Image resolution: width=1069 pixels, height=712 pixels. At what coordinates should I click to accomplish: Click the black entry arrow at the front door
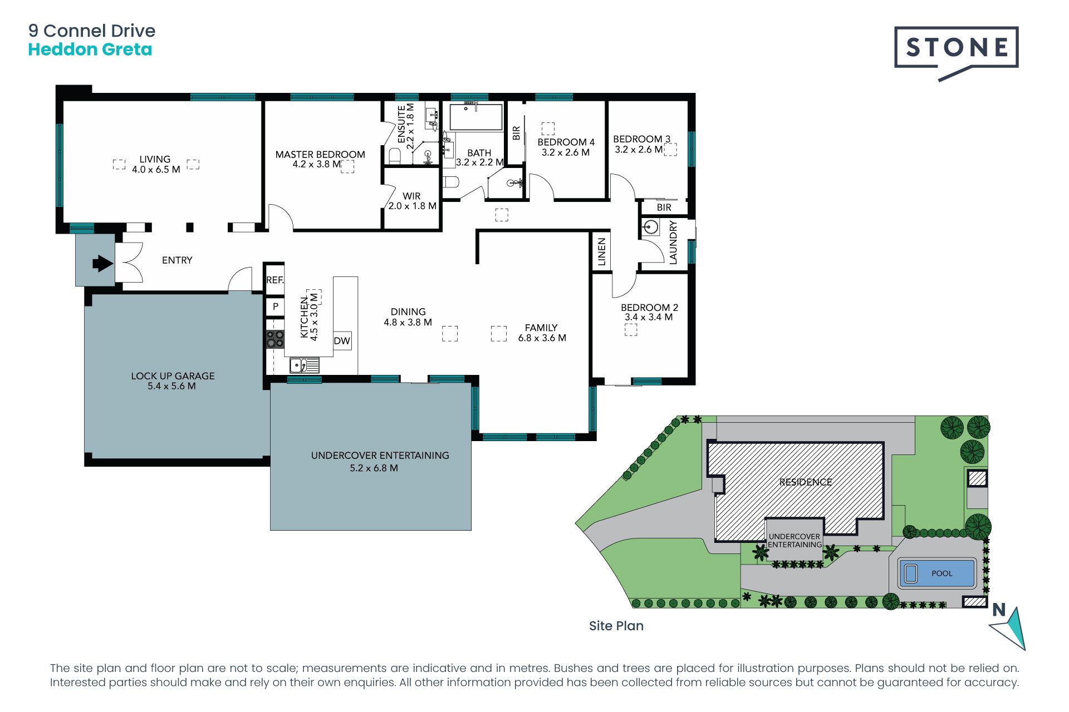pos(102,263)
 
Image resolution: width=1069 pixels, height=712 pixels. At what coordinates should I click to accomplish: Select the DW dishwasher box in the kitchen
pos(342,341)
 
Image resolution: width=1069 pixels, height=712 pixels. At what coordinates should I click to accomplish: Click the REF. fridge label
pos(274,280)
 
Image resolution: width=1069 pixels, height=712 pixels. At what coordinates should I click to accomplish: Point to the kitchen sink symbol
pos(304,365)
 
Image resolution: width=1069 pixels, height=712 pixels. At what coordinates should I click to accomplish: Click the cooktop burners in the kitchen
pos(275,339)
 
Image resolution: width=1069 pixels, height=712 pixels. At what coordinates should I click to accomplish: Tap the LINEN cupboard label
pos(601,252)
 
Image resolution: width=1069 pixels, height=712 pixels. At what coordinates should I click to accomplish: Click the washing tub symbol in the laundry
pos(650,228)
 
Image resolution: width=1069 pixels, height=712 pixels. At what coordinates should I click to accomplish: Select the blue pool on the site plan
pos(938,573)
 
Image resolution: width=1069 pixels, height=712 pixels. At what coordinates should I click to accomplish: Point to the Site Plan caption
pos(616,626)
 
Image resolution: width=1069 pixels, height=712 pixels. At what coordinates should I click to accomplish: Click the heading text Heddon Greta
pos(90,50)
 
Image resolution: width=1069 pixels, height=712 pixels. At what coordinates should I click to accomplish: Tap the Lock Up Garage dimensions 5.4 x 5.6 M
pos(171,386)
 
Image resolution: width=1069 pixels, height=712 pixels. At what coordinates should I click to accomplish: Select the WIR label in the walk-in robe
pos(411,196)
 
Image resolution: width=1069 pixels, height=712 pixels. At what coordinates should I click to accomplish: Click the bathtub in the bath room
pos(476,116)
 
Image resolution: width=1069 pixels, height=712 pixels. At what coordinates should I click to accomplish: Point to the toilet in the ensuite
pos(395,156)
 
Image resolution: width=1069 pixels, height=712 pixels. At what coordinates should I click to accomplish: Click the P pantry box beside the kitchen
pos(275,306)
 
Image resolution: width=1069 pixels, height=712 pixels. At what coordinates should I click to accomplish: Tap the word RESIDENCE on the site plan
pos(806,482)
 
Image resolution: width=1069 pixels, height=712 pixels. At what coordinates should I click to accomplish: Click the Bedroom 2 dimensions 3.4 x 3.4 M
pos(649,317)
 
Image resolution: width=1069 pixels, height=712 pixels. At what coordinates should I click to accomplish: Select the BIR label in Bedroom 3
pos(664,207)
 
